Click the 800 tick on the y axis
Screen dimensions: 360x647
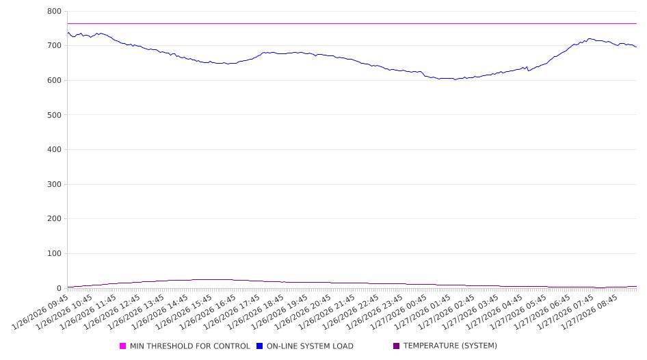tap(54, 12)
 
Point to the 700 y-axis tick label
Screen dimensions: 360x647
tap(54, 46)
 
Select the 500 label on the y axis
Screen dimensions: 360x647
tap(54, 115)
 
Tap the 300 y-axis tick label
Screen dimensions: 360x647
tap(54, 185)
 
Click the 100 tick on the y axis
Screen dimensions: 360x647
tap(54, 254)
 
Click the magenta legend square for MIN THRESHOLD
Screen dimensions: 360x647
tap(123, 346)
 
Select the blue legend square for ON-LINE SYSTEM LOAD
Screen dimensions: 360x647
tap(260, 346)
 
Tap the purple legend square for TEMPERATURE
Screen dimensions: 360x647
tap(397, 346)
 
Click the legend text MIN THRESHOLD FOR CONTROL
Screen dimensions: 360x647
tap(190, 346)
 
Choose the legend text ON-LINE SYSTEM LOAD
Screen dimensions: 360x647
tap(310, 346)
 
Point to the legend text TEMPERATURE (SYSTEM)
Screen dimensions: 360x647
tap(450, 346)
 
